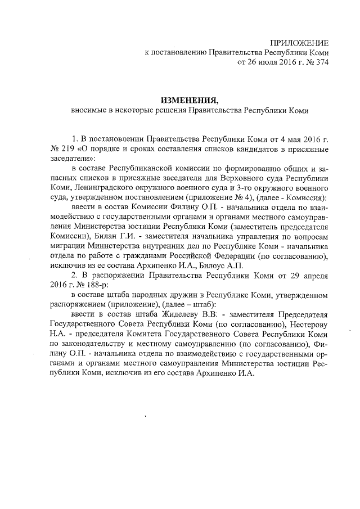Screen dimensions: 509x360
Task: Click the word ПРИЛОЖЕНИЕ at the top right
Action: point(299,43)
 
